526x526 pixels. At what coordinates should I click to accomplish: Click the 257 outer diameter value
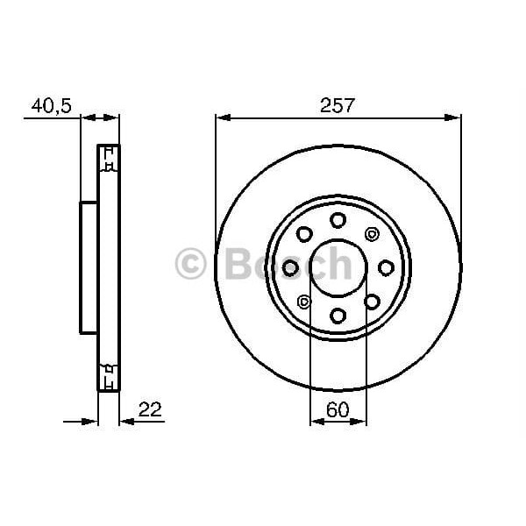(x=338, y=105)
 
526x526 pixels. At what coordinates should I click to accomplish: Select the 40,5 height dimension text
(x=51, y=105)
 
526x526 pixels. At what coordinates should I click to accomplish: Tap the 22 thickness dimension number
(x=151, y=409)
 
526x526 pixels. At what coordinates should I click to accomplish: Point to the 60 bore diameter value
(x=338, y=409)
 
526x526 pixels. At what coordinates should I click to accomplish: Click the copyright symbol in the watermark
(x=190, y=264)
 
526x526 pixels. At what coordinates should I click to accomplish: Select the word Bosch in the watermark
(x=289, y=263)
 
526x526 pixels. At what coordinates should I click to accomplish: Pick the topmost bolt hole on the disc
(x=338, y=220)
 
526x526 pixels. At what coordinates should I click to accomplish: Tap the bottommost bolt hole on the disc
(x=338, y=315)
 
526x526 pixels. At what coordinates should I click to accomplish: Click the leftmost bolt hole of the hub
(x=290, y=267)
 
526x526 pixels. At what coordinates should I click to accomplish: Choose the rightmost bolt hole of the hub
(x=386, y=267)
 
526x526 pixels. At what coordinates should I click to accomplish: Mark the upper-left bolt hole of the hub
(x=304, y=234)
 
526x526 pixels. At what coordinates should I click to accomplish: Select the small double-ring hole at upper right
(x=371, y=234)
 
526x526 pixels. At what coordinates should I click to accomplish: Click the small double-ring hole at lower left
(x=304, y=302)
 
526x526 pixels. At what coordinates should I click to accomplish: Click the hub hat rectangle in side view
(x=89, y=267)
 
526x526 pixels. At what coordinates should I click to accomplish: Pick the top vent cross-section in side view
(x=108, y=160)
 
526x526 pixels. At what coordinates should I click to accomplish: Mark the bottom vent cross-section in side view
(x=108, y=375)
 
